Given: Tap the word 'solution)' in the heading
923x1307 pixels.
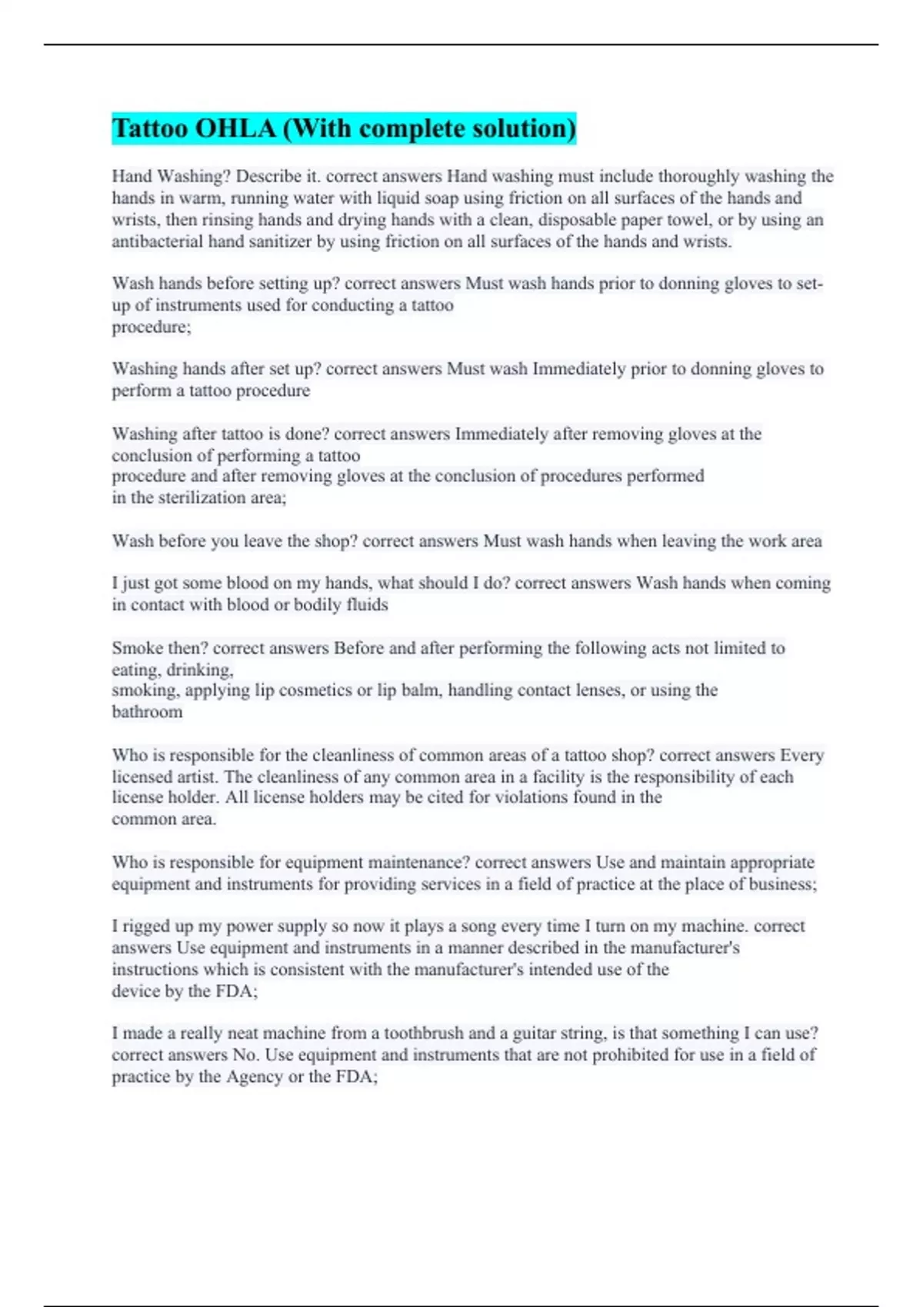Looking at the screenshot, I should tap(524, 128).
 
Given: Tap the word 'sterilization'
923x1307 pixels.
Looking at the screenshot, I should tap(202, 497).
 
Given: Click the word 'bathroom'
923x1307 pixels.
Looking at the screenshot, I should tap(147, 711).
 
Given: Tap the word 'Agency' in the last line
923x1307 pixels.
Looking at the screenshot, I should tap(255, 1076).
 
